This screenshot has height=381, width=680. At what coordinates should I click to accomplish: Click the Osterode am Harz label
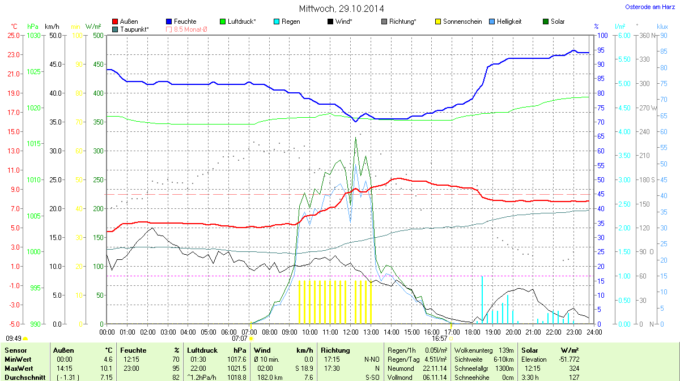click(x=646, y=7)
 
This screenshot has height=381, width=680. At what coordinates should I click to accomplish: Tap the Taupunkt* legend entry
click(x=134, y=29)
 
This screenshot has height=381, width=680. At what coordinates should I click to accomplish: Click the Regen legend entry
click(x=291, y=22)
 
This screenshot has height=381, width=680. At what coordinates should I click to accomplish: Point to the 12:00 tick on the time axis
click(x=351, y=332)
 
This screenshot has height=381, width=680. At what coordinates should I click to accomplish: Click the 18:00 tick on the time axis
click(x=472, y=332)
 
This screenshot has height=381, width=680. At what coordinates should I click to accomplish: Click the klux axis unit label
click(x=662, y=27)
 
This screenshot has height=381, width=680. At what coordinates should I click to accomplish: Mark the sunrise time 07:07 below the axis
click(x=240, y=338)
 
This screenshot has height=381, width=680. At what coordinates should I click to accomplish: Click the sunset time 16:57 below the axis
click(x=440, y=338)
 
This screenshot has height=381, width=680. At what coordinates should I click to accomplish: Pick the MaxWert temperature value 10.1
click(x=107, y=368)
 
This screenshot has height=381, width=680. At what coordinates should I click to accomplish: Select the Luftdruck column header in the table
click(x=202, y=350)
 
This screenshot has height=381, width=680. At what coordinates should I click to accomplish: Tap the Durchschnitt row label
click(x=25, y=377)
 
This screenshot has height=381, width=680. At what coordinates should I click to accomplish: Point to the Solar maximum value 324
click(x=574, y=368)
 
